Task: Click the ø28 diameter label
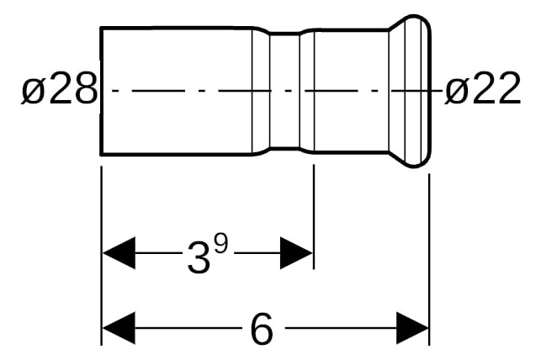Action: coord(60,88)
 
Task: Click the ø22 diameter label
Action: coord(482,88)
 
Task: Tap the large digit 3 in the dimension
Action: coord(199,257)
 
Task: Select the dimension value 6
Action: coord(261,329)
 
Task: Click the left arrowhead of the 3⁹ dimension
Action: coord(119,253)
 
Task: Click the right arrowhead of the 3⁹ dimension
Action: coord(296,253)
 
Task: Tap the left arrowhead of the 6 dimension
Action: coord(119,328)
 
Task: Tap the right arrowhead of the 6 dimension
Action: coord(412,328)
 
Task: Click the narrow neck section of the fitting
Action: coord(284,91)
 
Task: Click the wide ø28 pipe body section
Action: coord(177,91)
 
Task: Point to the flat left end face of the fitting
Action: coord(101,91)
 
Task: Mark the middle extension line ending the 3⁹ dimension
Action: coord(314,216)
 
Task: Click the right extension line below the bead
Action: coord(429,259)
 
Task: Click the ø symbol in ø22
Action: coord(458,90)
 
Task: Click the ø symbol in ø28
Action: coord(34,90)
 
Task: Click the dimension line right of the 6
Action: coord(341,328)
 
